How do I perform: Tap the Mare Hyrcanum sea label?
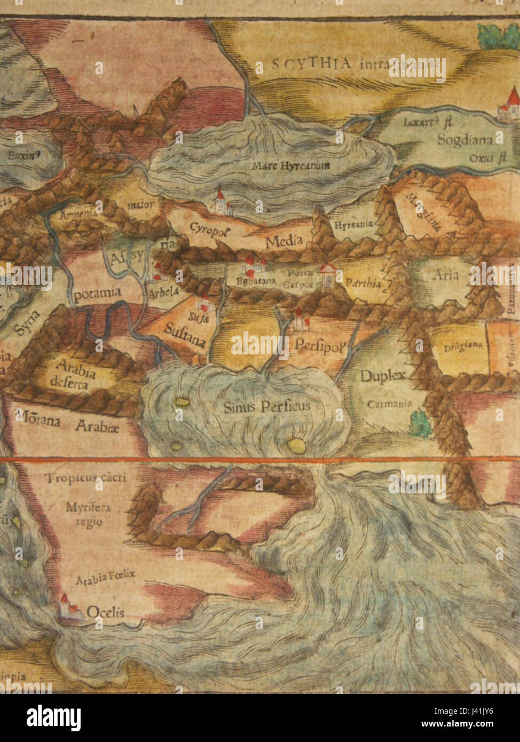click(x=291, y=165)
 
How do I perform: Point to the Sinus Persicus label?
click(x=266, y=407)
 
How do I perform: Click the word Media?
click(x=284, y=241)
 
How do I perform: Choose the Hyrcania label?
click(x=353, y=225)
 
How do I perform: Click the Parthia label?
click(x=364, y=283)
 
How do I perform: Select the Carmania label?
click(x=389, y=404)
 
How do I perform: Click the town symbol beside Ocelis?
click(x=67, y=607)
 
